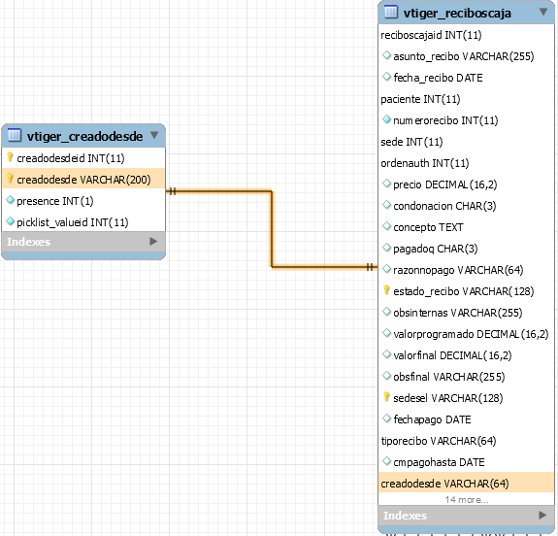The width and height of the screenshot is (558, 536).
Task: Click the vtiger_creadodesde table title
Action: (84, 136)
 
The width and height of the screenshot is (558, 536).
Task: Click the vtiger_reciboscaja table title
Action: (457, 14)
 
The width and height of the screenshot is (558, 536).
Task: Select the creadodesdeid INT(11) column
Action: (71, 158)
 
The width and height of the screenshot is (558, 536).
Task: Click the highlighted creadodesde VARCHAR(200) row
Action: (83, 180)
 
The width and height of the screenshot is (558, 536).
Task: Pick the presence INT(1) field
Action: (54, 201)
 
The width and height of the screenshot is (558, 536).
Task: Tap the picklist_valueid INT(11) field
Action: (73, 222)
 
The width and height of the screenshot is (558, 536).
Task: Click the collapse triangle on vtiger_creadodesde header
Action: (154, 135)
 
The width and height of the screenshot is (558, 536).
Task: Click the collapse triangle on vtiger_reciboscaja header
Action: (543, 12)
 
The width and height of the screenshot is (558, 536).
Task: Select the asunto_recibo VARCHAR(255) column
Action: (463, 56)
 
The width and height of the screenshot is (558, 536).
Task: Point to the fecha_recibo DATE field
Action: (438, 78)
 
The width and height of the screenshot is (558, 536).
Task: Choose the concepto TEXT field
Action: (428, 227)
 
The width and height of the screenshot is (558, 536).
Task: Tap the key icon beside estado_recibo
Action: (386, 290)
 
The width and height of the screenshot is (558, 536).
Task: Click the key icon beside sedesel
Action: (386, 397)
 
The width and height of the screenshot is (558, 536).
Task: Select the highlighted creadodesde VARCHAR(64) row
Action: (466, 483)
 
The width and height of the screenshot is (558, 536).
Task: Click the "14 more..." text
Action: (467, 500)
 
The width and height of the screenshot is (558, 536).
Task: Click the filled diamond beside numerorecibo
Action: (386, 119)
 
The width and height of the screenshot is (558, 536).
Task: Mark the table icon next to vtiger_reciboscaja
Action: (391, 12)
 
